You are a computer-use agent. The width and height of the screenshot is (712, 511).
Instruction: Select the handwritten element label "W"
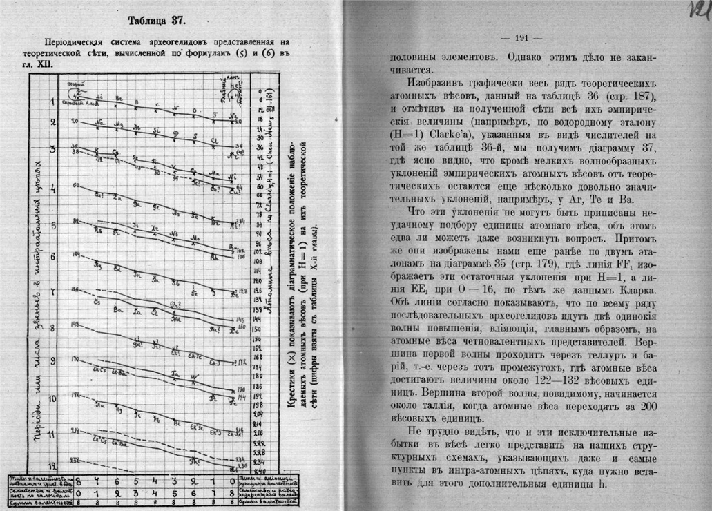[x=195, y=377]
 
